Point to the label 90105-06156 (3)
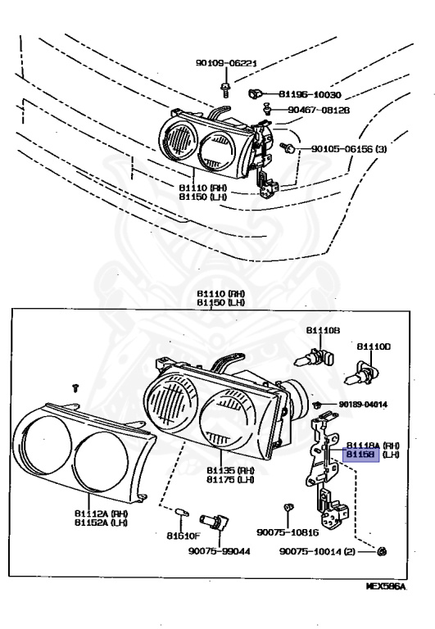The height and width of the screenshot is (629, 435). (x=352, y=149)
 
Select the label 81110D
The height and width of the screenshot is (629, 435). (x=374, y=346)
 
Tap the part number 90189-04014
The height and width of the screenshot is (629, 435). (x=363, y=405)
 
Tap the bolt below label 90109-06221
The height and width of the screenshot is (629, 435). (x=226, y=84)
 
